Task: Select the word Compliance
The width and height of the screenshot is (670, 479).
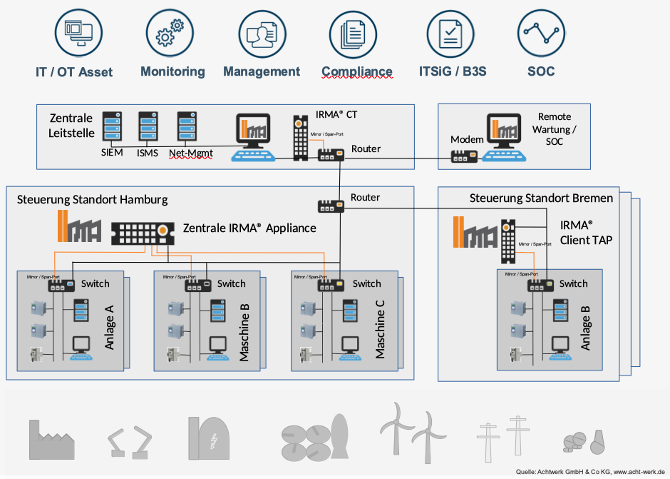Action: coord(357,71)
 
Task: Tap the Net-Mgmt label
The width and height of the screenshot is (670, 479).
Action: coord(190,153)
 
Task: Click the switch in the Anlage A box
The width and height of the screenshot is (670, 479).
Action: coord(61,286)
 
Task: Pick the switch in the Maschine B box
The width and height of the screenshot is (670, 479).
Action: coord(197,286)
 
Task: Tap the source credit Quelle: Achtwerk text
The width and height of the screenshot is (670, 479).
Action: coord(591,472)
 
